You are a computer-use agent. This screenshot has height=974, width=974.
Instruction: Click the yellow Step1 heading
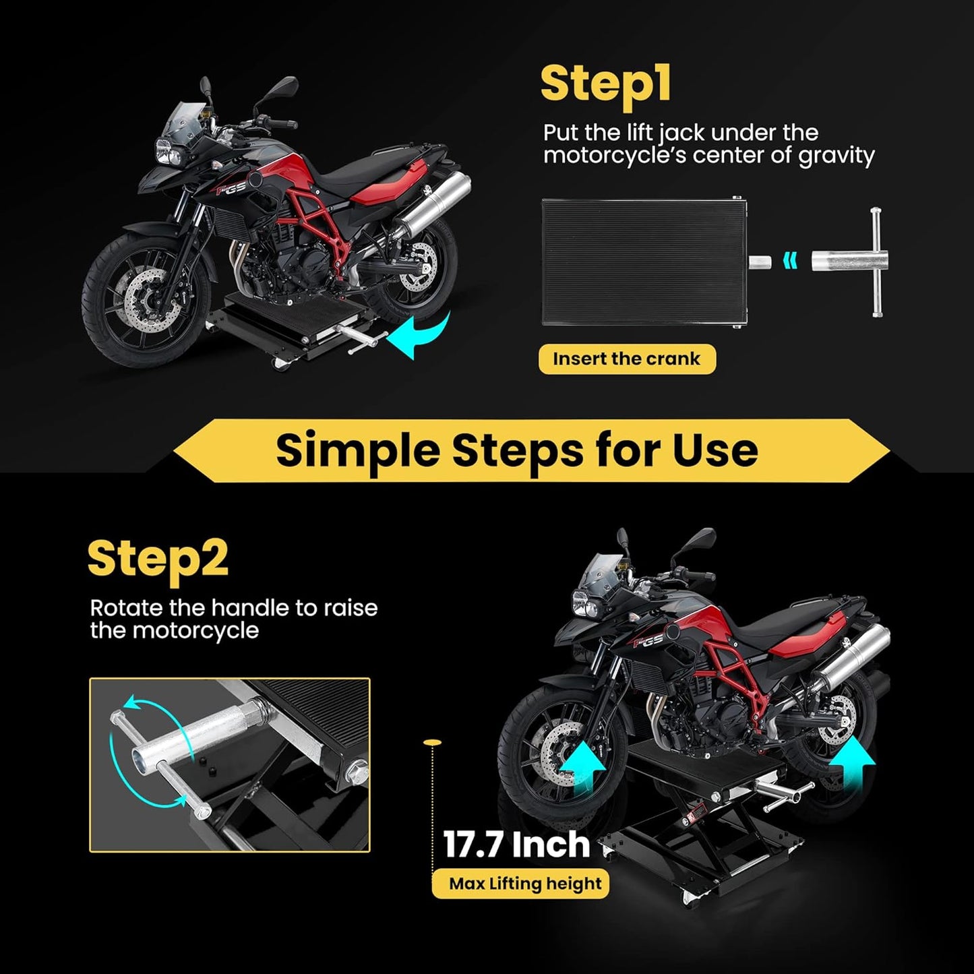[x=605, y=85]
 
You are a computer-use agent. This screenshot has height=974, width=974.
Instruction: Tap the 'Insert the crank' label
[x=626, y=359]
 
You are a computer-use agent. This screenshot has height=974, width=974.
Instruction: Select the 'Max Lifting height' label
[x=525, y=884]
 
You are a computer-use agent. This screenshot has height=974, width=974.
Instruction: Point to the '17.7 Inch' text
[x=516, y=845]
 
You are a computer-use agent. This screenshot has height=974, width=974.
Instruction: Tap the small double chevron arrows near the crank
[x=789, y=260]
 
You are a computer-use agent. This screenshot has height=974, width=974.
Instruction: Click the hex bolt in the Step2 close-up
[x=356, y=768]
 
